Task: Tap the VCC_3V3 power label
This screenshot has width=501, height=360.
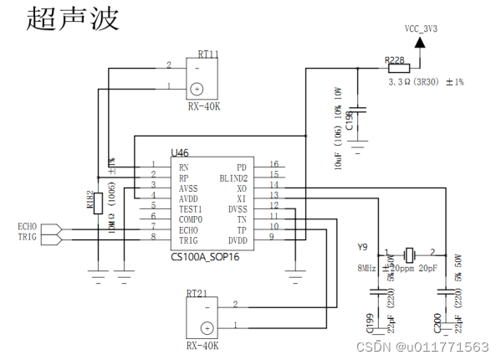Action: (422, 28)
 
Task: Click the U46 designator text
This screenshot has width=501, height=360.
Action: (181, 153)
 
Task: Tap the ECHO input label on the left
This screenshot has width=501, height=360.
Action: (28, 226)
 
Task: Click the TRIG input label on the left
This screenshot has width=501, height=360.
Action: (28, 239)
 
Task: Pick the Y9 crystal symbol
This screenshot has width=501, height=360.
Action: (409, 253)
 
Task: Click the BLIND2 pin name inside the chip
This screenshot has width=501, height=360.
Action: (232, 177)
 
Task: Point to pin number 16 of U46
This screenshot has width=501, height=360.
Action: (274, 165)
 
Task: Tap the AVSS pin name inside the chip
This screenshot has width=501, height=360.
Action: (190, 189)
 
